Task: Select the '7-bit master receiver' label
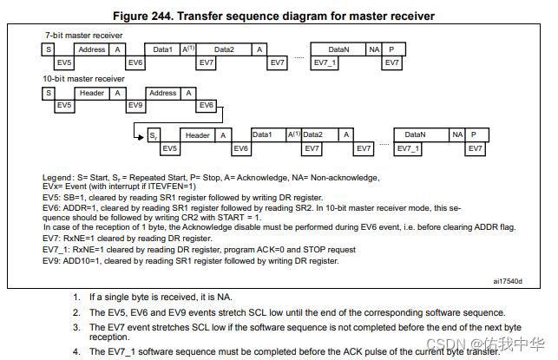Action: pos(84,36)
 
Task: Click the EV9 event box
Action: pos(134,106)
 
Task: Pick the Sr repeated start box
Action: pos(153,134)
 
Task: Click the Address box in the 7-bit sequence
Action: pos(92,49)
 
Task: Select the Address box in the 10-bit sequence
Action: pos(162,93)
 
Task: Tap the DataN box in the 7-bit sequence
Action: pos(339,49)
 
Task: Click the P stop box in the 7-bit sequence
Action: pos(391,49)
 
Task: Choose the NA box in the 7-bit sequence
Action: pos(374,49)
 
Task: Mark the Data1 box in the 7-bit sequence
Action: pos(163,49)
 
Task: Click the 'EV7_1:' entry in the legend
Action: pos(58,249)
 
